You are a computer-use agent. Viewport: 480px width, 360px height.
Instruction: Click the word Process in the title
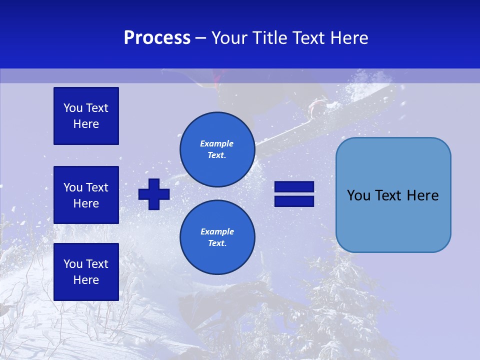(x=157, y=38)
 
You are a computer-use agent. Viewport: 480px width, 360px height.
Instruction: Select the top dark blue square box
(x=86, y=116)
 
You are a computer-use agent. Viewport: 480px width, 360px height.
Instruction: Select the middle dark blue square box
(x=86, y=195)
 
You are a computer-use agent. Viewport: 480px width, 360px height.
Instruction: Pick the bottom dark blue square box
(x=86, y=271)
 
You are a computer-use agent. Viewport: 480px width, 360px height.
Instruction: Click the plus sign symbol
(x=154, y=194)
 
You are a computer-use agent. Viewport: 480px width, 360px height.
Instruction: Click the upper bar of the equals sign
(x=294, y=187)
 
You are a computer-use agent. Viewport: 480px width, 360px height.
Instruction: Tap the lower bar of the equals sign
(x=294, y=201)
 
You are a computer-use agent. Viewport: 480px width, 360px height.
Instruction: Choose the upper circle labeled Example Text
(x=217, y=149)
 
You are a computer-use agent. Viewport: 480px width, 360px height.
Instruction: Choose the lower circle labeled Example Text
(x=217, y=237)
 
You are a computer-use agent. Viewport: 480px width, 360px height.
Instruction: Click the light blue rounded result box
(x=393, y=195)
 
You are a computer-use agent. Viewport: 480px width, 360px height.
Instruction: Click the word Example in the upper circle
(x=217, y=143)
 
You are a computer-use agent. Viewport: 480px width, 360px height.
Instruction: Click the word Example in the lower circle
(x=217, y=231)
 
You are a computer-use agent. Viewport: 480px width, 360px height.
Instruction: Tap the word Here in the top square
(x=86, y=124)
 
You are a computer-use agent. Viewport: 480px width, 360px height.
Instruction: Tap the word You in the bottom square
(x=73, y=264)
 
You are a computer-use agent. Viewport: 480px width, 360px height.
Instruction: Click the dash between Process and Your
(x=201, y=38)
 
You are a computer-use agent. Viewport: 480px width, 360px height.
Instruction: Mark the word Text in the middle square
(x=96, y=187)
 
